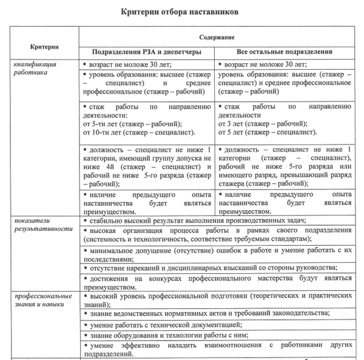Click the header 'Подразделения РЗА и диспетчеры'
146,52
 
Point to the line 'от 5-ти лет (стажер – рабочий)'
134,123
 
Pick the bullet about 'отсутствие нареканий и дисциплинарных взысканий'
212,267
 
